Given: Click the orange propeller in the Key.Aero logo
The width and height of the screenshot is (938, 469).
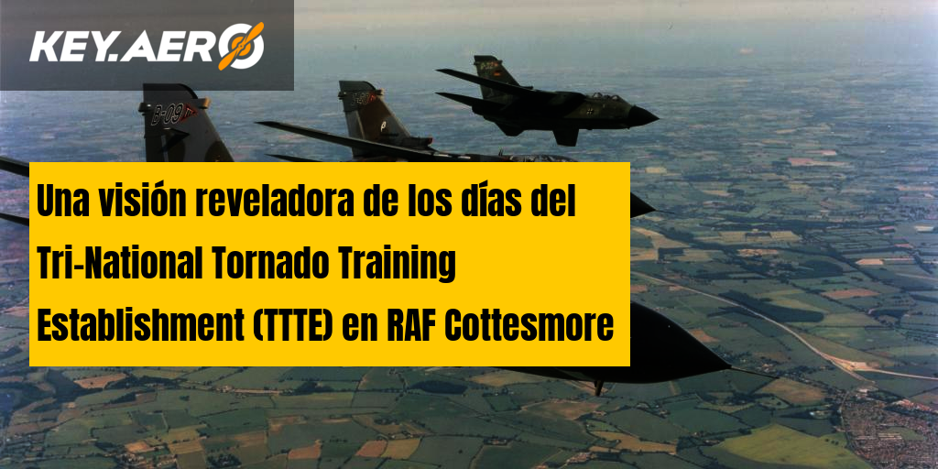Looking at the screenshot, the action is point(241,46).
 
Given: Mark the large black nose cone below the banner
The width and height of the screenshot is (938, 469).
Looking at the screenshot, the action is point(676,347).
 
